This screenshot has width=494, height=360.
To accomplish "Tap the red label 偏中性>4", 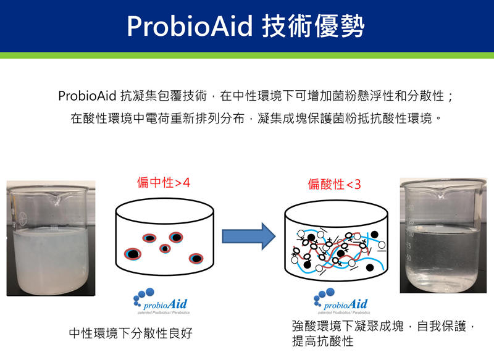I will click(x=164, y=183).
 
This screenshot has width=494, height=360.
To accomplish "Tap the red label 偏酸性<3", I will click(x=334, y=184).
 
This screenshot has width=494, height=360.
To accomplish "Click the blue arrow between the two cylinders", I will click(x=248, y=235).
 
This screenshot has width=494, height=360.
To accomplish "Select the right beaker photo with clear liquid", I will click(x=440, y=235).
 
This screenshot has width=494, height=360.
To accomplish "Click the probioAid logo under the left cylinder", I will click(x=161, y=302).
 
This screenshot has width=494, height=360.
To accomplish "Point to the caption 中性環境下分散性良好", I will click(x=131, y=333).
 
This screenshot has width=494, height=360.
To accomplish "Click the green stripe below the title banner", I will click(x=247, y=56).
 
